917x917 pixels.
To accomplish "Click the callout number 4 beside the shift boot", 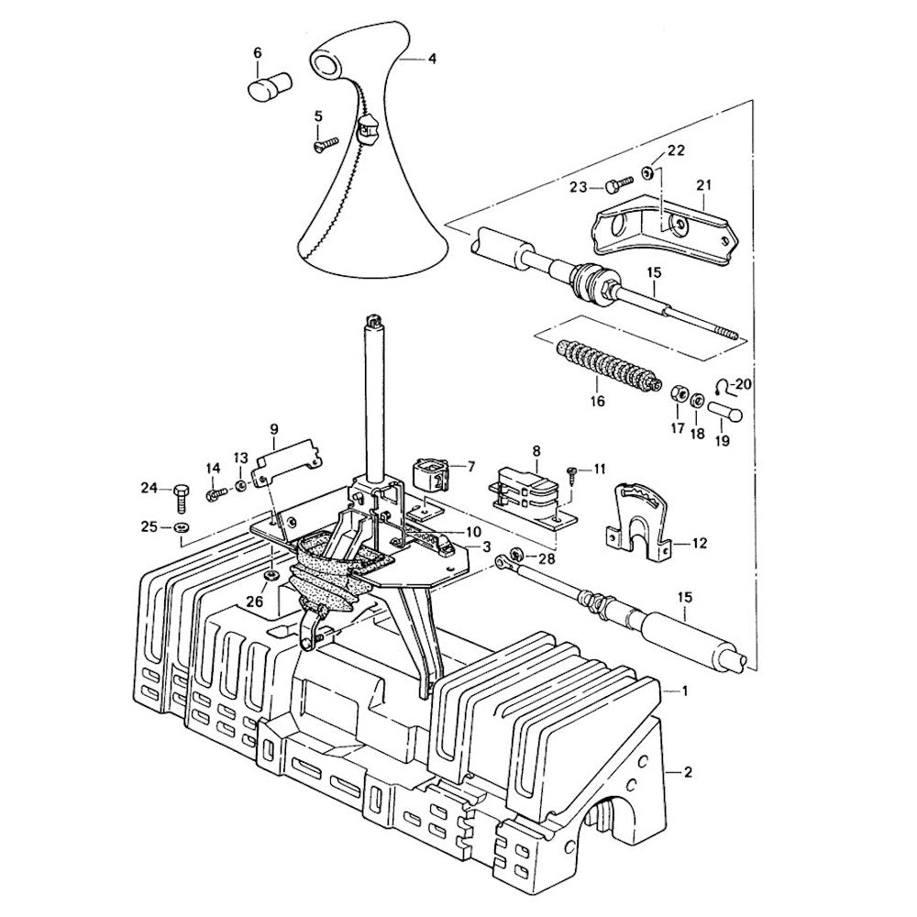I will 431,59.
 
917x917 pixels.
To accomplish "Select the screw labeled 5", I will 324,141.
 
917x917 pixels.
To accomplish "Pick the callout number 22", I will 675,149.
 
